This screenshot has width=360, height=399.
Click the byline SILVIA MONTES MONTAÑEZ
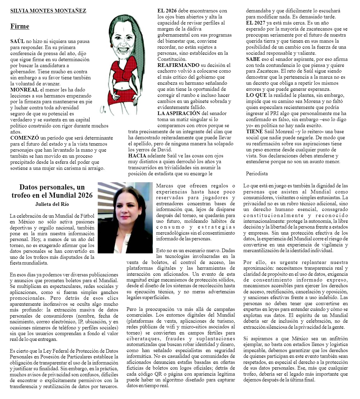point(48,11)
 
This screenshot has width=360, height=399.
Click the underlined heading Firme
point(20,26)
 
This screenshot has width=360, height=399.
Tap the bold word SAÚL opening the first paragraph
point(17,41)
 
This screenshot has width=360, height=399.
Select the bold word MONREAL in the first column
point(24,90)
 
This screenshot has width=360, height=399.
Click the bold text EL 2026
point(167,11)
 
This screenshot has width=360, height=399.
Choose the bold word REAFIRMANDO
point(178,65)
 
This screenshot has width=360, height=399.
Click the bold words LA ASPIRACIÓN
point(179,113)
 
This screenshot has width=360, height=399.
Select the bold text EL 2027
point(255,23)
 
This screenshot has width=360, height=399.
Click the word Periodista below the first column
point(257,174)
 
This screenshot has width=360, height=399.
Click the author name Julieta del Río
point(52,204)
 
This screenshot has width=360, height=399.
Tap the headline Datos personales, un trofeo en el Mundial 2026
point(52,191)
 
